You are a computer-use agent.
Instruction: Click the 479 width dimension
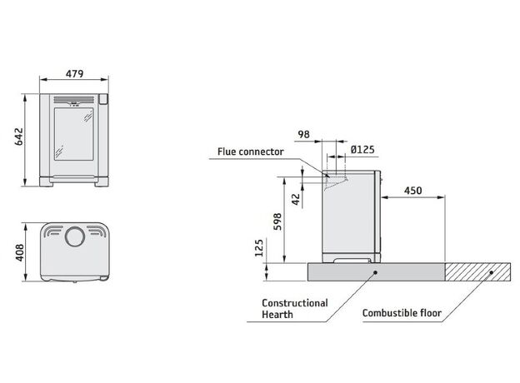click(x=74, y=74)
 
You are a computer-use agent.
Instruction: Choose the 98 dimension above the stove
click(x=305, y=133)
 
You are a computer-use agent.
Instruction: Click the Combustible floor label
click(x=401, y=315)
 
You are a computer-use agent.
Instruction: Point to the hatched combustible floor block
click(x=475, y=271)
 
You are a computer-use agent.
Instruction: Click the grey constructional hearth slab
click(x=375, y=271)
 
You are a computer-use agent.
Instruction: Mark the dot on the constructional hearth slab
click(x=377, y=271)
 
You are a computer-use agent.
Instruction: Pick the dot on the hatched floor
click(x=492, y=271)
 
